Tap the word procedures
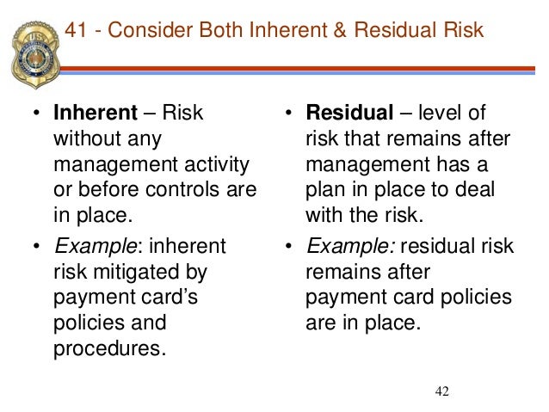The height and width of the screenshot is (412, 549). pyautogui.click(x=107, y=347)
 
